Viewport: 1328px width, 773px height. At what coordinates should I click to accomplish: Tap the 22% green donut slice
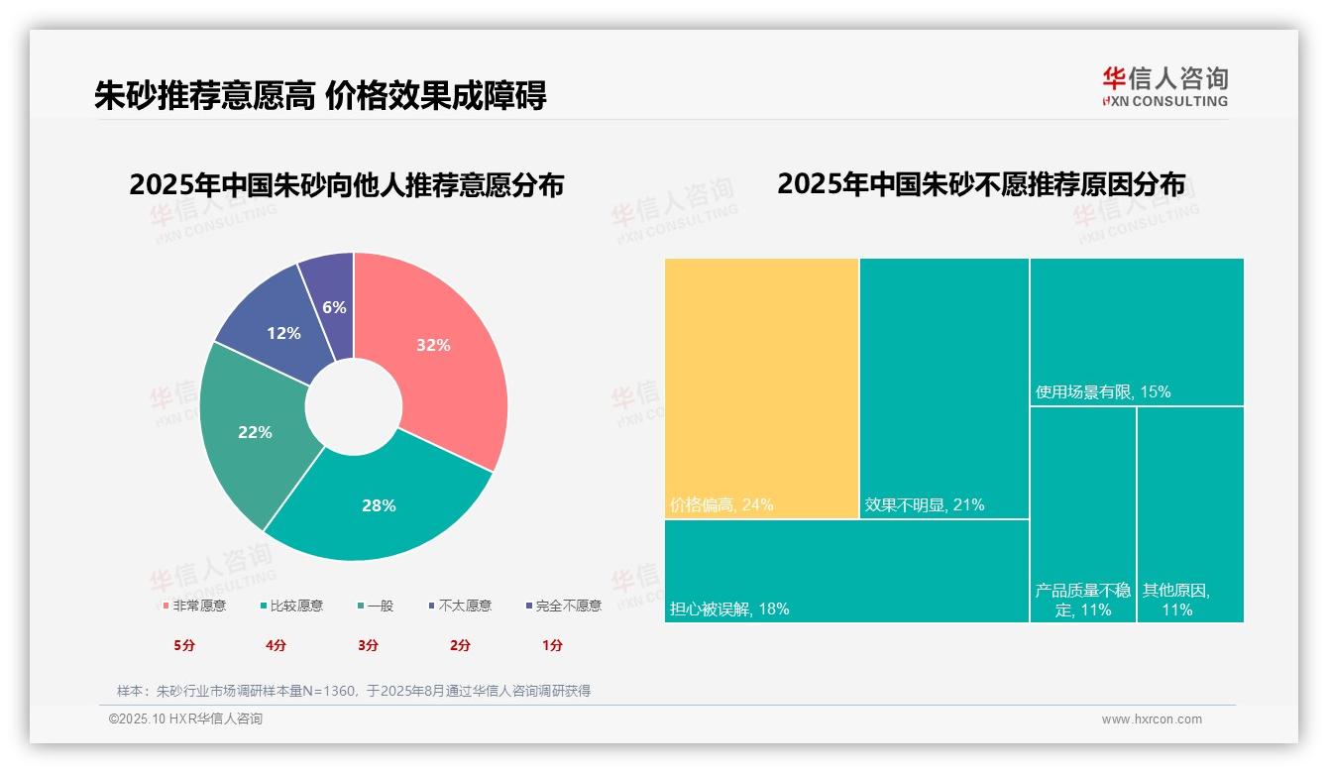click(x=256, y=431)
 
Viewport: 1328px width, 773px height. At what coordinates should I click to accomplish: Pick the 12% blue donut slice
click(x=282, y=334)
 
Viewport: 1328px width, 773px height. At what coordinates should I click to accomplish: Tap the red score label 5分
click(x=184, y=645)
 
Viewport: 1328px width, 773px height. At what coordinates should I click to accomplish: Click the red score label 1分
click(x=552, y=645)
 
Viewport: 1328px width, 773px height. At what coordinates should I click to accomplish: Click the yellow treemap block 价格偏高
click(x=761, y=386)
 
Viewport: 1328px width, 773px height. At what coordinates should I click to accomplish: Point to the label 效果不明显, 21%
click(x=925, y=505)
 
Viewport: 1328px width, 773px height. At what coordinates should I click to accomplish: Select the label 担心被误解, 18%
click(x=730, y=609)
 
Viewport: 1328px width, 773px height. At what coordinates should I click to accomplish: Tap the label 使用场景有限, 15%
click(x=1103, y=392)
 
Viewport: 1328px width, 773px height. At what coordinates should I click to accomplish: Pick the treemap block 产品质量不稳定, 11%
click(x=1082, y=515)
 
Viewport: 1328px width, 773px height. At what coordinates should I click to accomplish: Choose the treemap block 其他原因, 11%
click(x=1189, y=515)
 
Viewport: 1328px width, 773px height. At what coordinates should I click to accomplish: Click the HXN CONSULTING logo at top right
click(x=1164, y=87)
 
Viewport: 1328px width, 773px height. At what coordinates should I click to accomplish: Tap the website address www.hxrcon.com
click(x=1152, y=719)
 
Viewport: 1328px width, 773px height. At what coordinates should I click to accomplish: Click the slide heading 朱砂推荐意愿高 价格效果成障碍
click(x=320, y=96)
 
